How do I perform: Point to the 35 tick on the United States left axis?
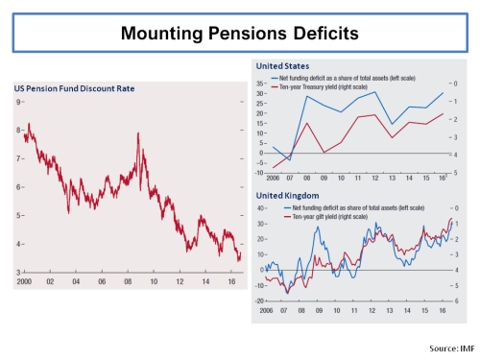point(261,83)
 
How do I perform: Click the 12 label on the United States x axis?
point(374,179)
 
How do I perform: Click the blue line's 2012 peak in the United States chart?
point(373,92)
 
